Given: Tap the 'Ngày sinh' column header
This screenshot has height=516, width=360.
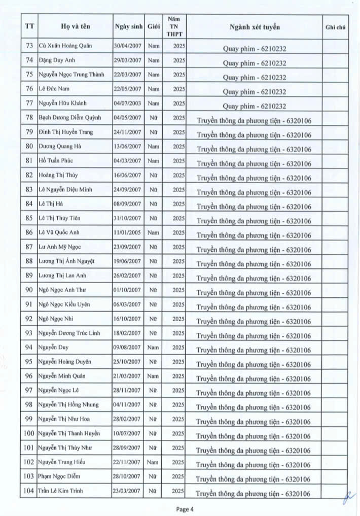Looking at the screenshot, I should pyautogui.click(x=128, y=26).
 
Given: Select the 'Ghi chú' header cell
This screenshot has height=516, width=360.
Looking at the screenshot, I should pyautogui.click(x=335, y=27).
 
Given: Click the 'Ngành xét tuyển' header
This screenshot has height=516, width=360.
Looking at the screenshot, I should pyautogui.click(x=254, y=27).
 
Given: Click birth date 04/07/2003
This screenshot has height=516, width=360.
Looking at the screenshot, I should pyautogui.click(x=128, y=104).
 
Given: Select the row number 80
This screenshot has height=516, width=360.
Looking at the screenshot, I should pyautogui.click(x=29, y=147).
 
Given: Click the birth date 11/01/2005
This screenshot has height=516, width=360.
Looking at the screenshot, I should pyautogui.click(x=128, y=232).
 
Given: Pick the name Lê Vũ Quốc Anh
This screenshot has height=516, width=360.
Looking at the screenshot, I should pyautogui.click(x=59, y=232).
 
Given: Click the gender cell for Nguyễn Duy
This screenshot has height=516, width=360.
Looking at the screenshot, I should pyautogui.click(x=153, y=348).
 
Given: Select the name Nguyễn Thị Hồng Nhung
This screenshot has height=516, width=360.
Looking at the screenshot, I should pyautogui.click(x=68, y=405).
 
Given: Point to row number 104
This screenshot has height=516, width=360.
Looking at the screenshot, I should pyautogui.click(x=29, y=491).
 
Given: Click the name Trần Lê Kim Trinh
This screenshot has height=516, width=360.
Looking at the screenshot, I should pyautogui.click(x=61, y=491).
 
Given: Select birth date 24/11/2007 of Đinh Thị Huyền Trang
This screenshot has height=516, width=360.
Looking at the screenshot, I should pyautogui.click(x=128, y=132).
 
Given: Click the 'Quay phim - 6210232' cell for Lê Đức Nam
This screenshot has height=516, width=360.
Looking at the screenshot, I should pyautogui.click(x=254, y=92).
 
